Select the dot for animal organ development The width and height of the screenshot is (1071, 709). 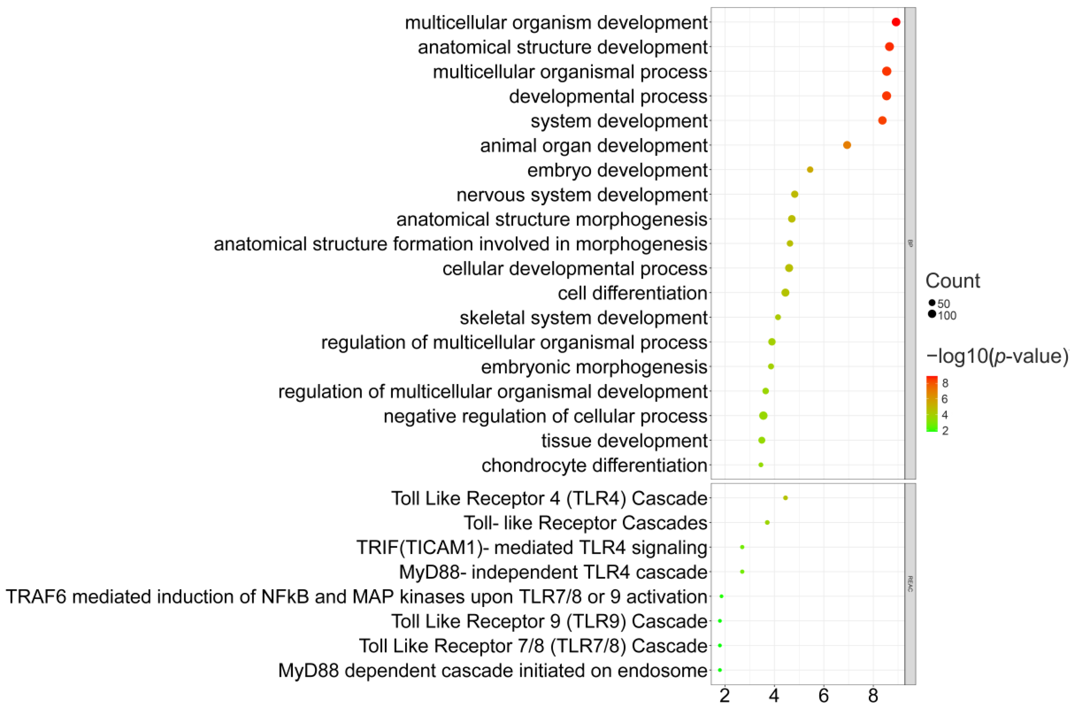click(x=847, y=145)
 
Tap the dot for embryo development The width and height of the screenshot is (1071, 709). click(x=810, y=170)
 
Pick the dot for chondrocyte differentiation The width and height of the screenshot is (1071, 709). click(x=761, y=465)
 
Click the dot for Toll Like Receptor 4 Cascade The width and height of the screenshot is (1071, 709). click(x=785, y=498)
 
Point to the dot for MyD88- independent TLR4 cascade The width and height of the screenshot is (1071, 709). click(x=742, y=572)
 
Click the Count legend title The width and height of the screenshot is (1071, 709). click(x=953, y=281)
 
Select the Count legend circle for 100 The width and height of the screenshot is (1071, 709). click(x=932, y=314)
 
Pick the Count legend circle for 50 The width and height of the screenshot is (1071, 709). click(x=932, y=302)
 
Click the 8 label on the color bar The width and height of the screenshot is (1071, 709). click(x=945, y=383)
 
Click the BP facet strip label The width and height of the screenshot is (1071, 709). click(x=910, y=243)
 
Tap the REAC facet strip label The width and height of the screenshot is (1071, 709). click(x=910, y=584)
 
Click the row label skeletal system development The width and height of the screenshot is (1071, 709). click(x=584, y=318)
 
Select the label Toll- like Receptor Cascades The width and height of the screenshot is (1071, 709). click(x=585, y=523)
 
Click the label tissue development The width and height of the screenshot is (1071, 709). click(x=624, y=441)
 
